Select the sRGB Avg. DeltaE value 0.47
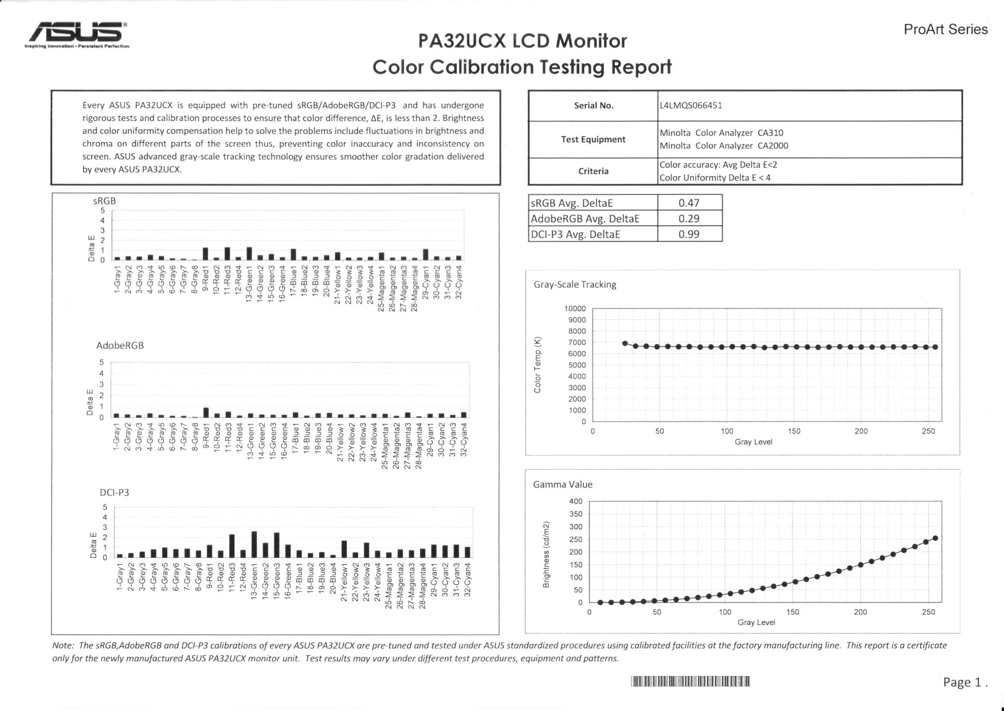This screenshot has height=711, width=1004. [689, 203]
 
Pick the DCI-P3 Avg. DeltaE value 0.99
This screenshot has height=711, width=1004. [689, 234]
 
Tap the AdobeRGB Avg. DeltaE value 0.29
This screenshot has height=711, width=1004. [689, 218]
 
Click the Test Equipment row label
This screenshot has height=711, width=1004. [593, 139]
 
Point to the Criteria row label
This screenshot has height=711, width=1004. [593, 171]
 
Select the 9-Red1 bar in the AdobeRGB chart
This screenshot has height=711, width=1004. [206, 412]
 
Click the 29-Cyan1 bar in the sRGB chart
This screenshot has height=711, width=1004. [426, 255]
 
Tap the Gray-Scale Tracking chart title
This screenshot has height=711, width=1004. [575, 284]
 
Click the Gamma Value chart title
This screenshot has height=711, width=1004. [563, 485]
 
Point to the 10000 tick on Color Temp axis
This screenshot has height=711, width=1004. [575, 308]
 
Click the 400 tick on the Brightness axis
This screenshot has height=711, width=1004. [575, 501]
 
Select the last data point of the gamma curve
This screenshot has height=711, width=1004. [935, 538]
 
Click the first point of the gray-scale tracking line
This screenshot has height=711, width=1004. [625, 343]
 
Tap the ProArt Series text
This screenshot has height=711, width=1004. [946, 29]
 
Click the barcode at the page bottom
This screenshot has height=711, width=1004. [691, 681]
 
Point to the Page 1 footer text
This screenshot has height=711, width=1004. [965, 682]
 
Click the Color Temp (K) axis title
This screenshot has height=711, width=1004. [538, 365]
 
